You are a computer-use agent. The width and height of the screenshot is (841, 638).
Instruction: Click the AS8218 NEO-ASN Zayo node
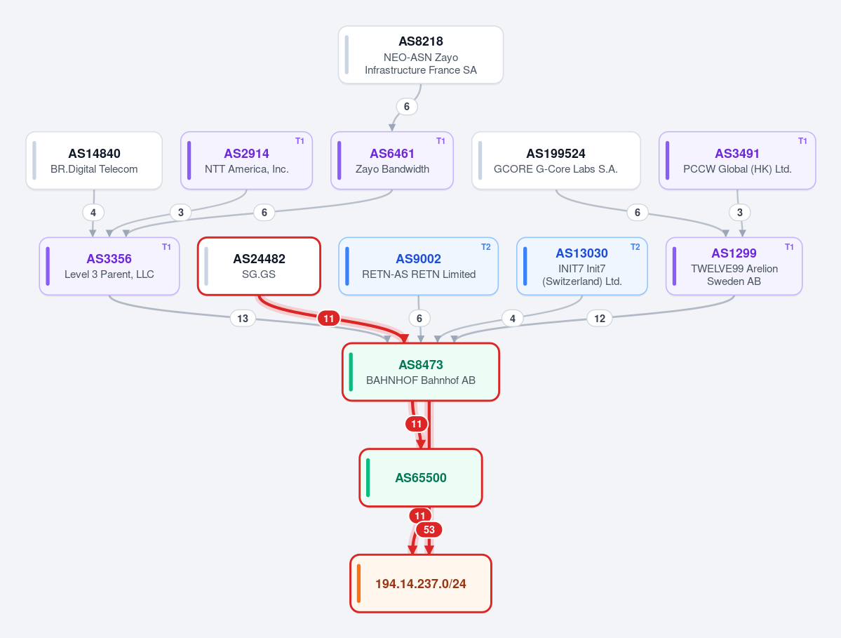(x=421, y=55)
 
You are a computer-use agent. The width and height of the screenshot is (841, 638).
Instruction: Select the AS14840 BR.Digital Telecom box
(x=94, y=161)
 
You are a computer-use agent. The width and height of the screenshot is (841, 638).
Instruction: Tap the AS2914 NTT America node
(x=246, y=161)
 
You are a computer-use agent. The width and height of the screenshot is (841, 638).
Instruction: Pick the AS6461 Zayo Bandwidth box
(x=392, y=161)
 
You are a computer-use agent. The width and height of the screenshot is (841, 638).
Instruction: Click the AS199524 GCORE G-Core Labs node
(x=556, y=161)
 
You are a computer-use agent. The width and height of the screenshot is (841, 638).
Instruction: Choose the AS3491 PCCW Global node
(x=737, y=161)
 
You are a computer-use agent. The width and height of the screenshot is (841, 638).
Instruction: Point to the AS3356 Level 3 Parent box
(x=109, y=266)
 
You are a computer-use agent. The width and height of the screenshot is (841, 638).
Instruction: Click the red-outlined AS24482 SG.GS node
(x=259, y=266)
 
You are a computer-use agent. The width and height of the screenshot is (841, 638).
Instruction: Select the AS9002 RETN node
(x=418, y=266)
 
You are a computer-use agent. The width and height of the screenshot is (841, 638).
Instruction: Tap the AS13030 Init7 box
(x=582, y=266)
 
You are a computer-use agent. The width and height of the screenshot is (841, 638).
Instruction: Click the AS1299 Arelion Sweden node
(x=734, y=266)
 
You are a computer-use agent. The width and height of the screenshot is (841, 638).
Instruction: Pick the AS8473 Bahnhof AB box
(x=421, y=372)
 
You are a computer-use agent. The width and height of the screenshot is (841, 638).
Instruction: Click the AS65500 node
(x=421, y=477)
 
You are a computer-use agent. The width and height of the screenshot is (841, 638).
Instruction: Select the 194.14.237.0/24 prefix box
(x=421, y=583)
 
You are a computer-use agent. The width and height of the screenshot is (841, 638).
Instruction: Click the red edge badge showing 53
(x=429, y=530)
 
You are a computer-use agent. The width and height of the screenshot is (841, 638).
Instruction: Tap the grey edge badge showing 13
(x=243, y=318)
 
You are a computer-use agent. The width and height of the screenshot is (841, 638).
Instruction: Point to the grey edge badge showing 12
(x=600, y=318)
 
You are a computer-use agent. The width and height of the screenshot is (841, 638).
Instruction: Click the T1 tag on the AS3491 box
(x=802, y=141)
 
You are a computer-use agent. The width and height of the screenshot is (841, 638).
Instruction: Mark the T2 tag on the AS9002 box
(x=485, y=247)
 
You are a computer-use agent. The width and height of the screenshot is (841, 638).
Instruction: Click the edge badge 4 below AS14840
(x=93, y=213)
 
